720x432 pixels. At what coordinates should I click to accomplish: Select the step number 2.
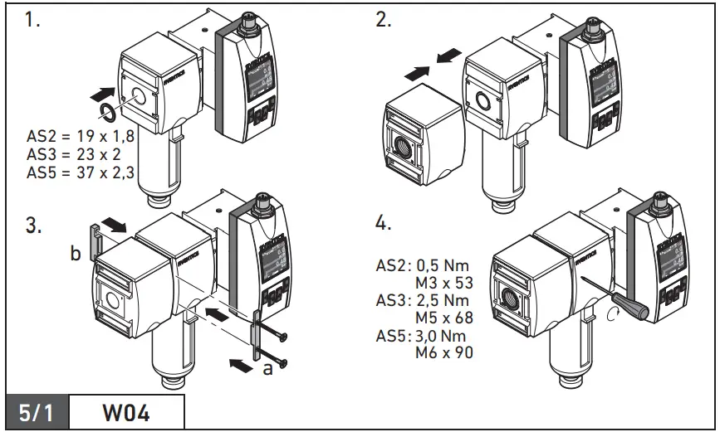pyautogui.click(x=384, y=21)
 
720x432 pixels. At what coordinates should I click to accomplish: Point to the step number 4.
pyautogui.click(x=384, y=225)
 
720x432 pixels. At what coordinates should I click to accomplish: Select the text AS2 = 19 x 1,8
pyautogui.click(x=80, y=138)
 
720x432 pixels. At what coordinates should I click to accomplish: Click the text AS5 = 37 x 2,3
pyautogui.click(x=80, y=172)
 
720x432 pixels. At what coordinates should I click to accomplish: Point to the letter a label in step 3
pyautogui.click(x=267, y=370)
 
